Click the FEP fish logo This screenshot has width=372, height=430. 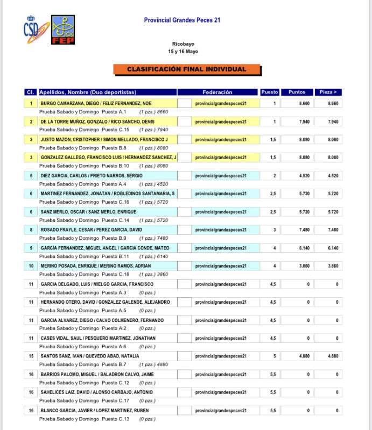tap(63, 29)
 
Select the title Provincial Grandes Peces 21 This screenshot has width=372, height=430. tap(182, 20)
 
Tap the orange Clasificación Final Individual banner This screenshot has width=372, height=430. tap(187, 69)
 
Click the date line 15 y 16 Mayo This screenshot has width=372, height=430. tap(183, 52)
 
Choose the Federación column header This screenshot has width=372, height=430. tap(217, 92)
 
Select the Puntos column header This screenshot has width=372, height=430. tap(297, 92)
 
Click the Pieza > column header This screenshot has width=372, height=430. tap(329, 92)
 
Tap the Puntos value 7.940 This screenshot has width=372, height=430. tap(304, 122)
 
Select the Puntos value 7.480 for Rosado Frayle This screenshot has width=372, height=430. tap(304, 230)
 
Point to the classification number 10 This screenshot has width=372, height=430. tap(31, 266)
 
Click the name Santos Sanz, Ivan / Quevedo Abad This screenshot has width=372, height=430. tap(90, 356)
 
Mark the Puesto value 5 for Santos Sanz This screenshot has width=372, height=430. tap(274, 356)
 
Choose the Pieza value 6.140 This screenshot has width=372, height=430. tap(333, 248)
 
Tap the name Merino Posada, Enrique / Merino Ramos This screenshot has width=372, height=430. tap(95, 266)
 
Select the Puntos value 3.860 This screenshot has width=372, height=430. tap(304, 266)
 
